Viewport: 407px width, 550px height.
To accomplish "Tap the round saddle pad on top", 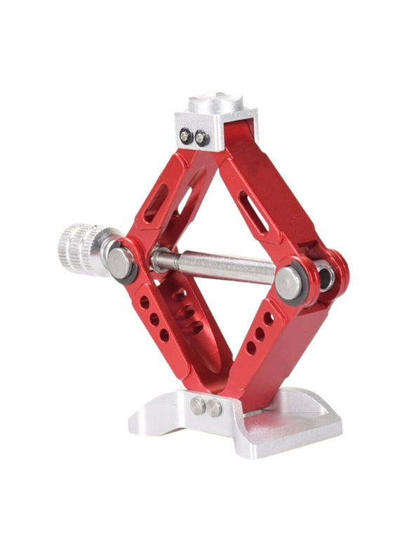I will (x=215, y=102).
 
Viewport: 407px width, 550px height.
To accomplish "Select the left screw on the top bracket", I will (x=186, y=137).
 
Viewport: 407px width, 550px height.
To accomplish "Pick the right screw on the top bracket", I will (x=201, y=138).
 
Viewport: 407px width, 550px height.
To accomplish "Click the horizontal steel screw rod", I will (x=218, y=265).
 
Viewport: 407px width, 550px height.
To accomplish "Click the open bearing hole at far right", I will (x=326, y=276).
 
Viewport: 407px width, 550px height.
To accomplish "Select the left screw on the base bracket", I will (x=199, y=405).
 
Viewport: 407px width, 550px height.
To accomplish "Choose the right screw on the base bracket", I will (x=214, y=408).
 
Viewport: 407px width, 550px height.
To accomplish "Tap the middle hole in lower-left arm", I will (x=154, y=319).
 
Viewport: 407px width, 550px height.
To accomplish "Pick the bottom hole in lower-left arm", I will (x=164, y=335).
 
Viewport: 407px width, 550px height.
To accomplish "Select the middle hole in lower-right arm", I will (x=260, y=333).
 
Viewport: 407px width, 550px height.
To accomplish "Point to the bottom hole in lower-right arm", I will (x=251, y=347).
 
